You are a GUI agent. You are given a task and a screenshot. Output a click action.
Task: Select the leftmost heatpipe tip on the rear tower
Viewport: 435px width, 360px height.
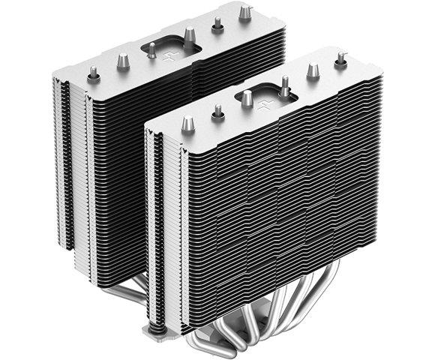pyautogui.click(x=94, y=73)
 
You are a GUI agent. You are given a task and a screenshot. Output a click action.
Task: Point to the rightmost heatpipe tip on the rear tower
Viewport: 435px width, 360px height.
pyautogui.click(x=244, y=13)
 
